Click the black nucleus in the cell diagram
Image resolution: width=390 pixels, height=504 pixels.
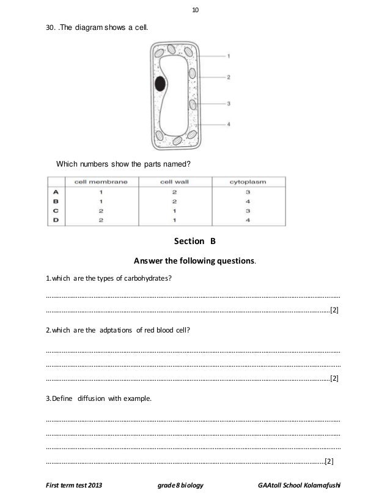coord(160,84)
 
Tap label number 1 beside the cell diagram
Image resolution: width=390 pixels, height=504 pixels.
coord(228,56)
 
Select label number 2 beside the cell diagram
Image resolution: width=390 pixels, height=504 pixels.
coord(228,77)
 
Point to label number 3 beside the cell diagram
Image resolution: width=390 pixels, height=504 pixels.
coord(228,104)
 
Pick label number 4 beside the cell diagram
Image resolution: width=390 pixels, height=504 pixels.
coord(228,125)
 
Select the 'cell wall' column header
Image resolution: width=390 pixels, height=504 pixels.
coord(175,181)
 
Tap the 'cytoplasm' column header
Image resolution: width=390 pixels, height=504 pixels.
coord(248,181)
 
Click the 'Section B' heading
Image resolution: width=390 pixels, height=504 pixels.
coord(195,241)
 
